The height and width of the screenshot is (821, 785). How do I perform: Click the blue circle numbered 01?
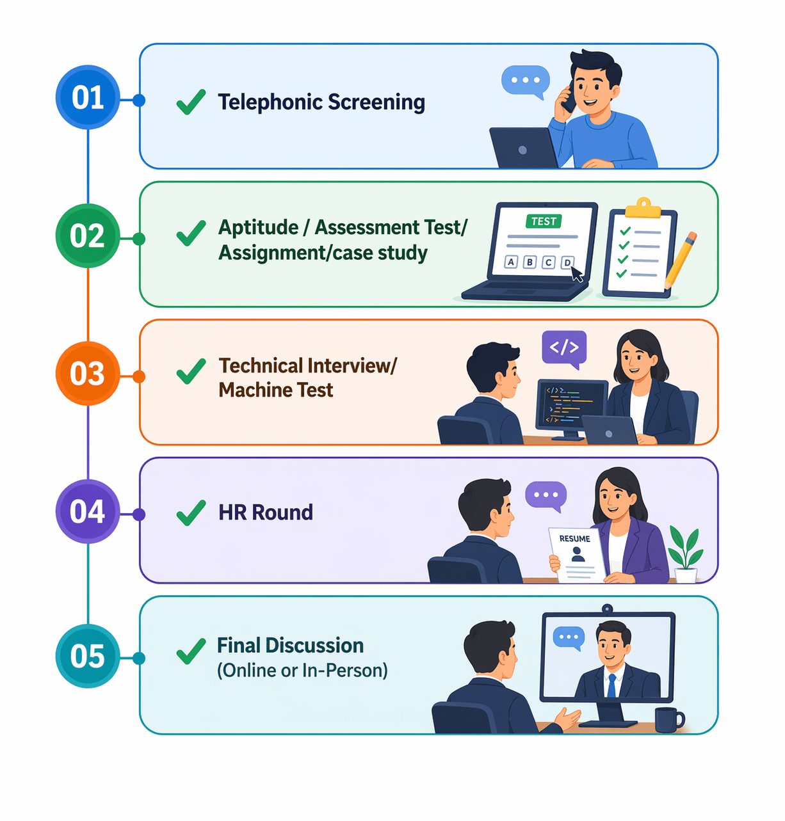tap(88, 98)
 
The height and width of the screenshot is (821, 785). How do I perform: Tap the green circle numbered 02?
tap(88, 236)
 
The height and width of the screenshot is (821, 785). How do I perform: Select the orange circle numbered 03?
tap(88, 374)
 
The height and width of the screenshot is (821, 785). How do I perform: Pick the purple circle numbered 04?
tap(88, 512)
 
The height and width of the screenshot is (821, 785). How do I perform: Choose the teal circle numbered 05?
tap(88, 656)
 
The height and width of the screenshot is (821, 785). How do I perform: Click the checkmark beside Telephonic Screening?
tap(191, 102)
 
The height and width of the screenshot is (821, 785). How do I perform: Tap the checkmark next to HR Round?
tap(191, 513)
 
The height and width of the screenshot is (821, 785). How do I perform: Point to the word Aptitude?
tap(259, 228)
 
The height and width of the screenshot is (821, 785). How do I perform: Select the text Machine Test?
tap(276, 390)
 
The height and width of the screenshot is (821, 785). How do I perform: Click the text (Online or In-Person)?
tap(302, 670)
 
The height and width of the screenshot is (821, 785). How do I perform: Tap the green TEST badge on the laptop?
tap(544, 221)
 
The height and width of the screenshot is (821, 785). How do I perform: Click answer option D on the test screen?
tap(567, 262)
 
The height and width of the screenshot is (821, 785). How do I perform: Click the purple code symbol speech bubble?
tap(564, 348)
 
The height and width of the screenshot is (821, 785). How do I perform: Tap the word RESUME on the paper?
tap(574, 539)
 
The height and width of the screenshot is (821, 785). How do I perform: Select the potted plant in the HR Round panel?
tap(685, 554)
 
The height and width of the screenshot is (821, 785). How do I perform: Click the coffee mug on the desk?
tap(668, 719)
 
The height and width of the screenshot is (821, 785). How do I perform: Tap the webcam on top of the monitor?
tap(607, 608)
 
